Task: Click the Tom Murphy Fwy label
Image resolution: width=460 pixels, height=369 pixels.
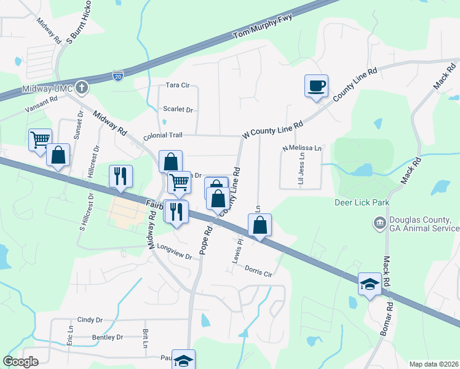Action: click(x=261, y=30)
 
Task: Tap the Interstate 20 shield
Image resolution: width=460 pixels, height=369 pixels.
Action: click(x=118, y=76)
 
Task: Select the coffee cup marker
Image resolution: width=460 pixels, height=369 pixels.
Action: click(x=316, y=85)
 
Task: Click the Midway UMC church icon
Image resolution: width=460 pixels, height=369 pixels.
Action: click(x=82, y=87)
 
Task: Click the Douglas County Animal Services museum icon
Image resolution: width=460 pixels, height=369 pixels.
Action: click(x=379, y=221)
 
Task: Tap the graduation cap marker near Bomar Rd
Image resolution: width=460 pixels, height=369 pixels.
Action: click(x=370, y=285)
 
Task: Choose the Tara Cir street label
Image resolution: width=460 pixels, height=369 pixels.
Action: click(x=177, y=85)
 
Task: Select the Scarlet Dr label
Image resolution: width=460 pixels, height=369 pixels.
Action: click(x=178, y=109)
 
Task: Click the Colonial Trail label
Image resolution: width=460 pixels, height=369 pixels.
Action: click(x=164, y=136)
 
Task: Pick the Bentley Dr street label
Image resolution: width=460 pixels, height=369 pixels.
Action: click(x=107, y=337)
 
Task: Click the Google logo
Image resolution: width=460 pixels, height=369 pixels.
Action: click(x=20, y=362)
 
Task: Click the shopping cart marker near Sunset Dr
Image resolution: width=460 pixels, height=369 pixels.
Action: click(x=40, y=140)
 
